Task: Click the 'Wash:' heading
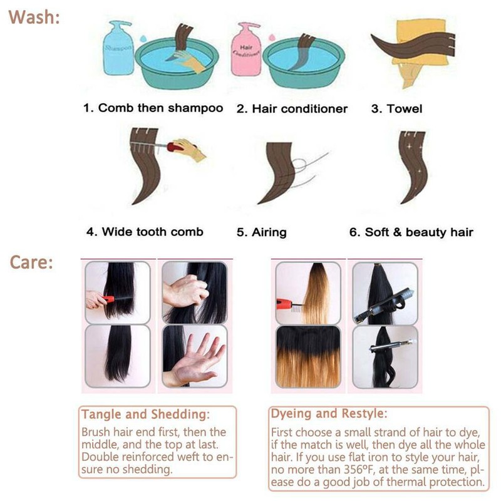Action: tap(34, 16)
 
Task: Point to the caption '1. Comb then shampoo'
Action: tap(153, 108)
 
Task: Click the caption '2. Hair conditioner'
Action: tap(291, 108)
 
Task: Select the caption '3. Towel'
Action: tap(396, 108)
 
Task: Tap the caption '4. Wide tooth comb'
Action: tap(145, 232)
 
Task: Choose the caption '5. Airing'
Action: tap(261, 232)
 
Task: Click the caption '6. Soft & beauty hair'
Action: tap(411, 232)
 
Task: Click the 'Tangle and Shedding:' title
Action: tap(145, 415)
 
